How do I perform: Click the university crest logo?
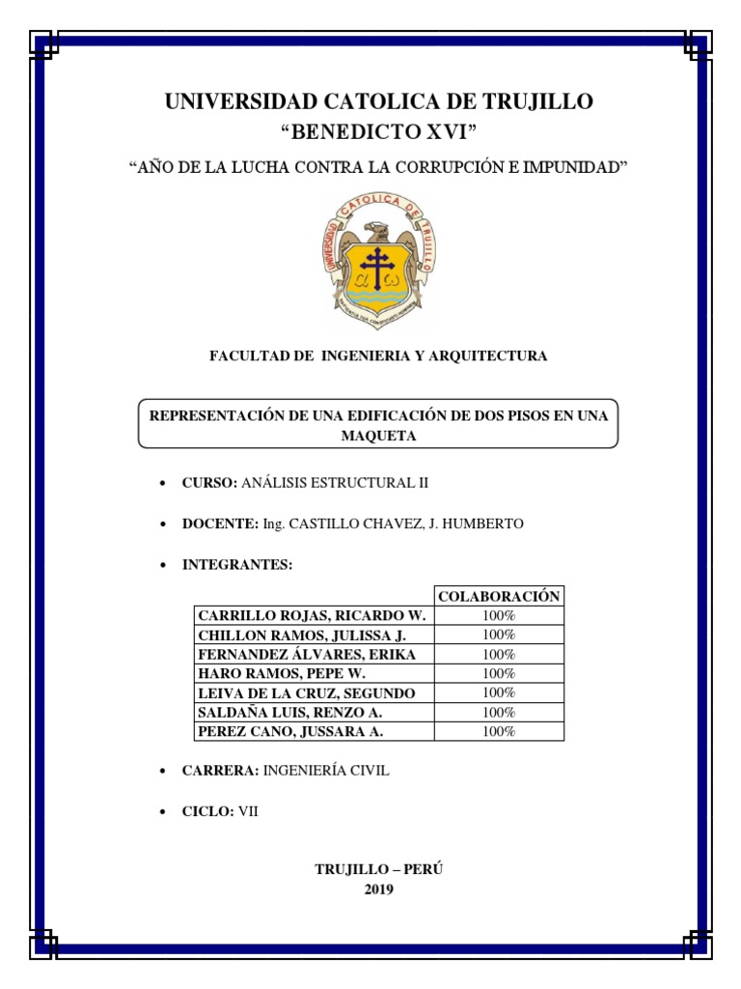coord(378,260)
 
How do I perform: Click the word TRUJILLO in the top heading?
coord(532,101)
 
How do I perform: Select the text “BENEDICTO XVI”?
coord(378,132)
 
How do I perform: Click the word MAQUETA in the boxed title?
coord(378,436)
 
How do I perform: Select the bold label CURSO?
coord(209,482)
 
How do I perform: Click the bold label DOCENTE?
coord(220,523)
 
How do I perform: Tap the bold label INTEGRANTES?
coord(237,565)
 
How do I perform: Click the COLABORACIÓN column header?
coord(499,597)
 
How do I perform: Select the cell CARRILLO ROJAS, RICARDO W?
coord(313,616)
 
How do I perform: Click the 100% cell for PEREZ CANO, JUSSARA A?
coord(499,732)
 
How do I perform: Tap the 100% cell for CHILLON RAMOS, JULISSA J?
coord(499,635)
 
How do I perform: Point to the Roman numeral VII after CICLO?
coord(249,812)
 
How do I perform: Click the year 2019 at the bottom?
coord(378,890)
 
